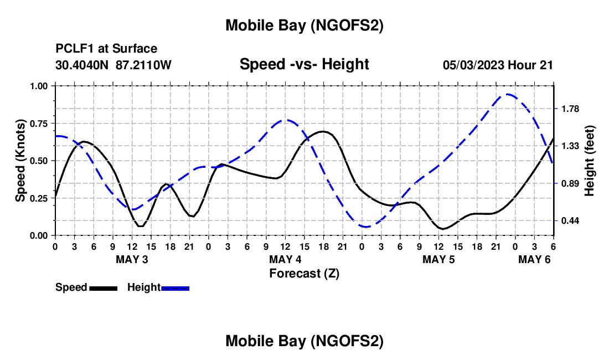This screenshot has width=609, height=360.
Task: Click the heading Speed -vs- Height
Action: coord(304,64)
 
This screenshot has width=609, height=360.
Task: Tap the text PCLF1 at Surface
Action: coord(106,49)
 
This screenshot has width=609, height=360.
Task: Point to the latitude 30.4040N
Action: coord(83,65)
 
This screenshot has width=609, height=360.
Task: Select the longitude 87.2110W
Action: coord(144,65)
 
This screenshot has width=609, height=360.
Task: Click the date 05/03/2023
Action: coord(473,65)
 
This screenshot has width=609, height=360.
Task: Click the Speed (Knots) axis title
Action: coord(20,161)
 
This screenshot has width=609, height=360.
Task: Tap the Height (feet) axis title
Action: coord(589,161)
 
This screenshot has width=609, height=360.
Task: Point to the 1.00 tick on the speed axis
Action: coord(39,86)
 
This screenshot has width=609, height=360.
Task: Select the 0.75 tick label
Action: coord(39,124)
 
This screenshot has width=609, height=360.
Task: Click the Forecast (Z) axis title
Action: coord(304,273)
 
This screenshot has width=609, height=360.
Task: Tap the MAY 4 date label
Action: coord(286,259)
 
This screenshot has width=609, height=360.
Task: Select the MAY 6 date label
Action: coord(534,259)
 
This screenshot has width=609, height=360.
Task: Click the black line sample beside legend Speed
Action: coord(103,287)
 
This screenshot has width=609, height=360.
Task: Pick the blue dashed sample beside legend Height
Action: coord(175,287)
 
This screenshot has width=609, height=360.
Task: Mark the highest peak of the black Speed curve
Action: coord(323,131)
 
